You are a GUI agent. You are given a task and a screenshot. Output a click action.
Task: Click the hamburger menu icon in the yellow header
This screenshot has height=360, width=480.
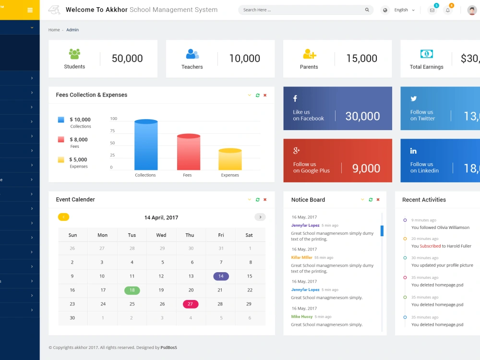pos(30,10)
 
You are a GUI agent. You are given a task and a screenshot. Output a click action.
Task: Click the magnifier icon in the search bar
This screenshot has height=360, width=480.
pos(367,10)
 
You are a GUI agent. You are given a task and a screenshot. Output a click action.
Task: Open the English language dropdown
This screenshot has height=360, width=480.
pos(404,10)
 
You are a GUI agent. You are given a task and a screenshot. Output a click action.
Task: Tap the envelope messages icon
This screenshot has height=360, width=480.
pos(432,10)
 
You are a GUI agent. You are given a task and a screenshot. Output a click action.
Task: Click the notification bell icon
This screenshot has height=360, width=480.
pos(448,10)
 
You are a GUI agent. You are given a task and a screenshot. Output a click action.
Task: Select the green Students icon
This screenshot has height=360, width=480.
pos(74,54)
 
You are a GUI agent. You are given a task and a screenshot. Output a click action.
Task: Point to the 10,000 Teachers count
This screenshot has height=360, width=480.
pos(245,58)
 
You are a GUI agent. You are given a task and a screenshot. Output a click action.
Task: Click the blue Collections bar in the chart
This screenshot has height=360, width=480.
pos(146,144)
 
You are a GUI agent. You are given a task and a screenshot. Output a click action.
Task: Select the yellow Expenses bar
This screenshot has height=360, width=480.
pos(230,159)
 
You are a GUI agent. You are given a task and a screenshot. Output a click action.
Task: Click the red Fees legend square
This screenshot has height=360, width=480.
pos(61,140)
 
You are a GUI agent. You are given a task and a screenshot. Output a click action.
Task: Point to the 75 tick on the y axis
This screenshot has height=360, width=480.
pos(112,131)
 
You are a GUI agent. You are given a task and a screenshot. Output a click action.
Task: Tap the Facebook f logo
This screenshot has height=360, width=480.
pos(295,98)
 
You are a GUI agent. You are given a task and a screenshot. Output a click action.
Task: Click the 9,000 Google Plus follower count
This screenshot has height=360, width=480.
pos(366,168)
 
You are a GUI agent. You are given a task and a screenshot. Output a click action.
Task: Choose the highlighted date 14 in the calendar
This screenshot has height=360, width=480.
pos(221,276)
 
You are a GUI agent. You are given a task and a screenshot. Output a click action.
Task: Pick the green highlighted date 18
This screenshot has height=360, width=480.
pos(132,290)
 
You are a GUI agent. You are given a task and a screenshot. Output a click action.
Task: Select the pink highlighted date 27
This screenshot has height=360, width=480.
pos(191,304)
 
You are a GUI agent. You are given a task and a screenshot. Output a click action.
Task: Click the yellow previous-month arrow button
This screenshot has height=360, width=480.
pos(64,217)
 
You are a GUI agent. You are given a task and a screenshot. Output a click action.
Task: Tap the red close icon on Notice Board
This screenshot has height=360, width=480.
pos(378,200)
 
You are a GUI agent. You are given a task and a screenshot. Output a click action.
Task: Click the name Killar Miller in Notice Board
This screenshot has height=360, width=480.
pos(301,257)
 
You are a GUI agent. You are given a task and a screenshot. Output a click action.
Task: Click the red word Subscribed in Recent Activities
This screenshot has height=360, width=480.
pos(430,246)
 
